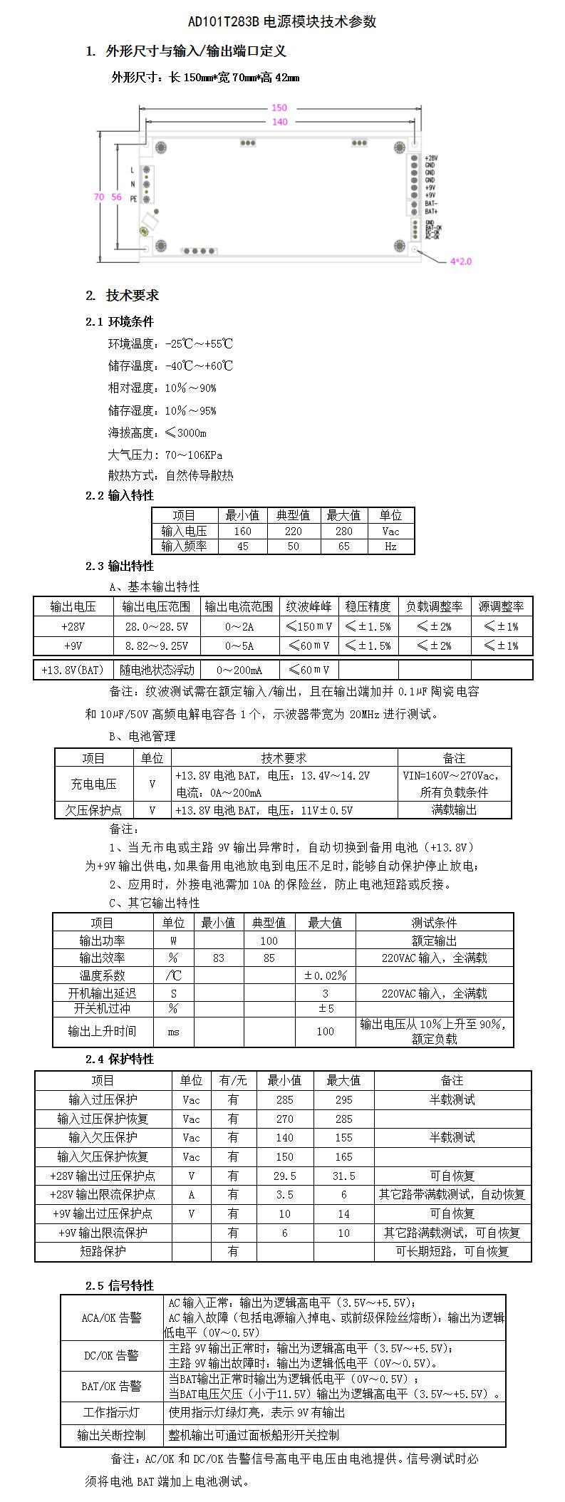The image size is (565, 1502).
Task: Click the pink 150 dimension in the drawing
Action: click(x=279, y=108)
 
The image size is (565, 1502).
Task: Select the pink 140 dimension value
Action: click(x=279, y=122)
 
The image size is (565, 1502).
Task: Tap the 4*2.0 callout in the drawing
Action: click(x=460, y=261)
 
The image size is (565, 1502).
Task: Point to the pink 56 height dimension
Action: click(x=116, y=197)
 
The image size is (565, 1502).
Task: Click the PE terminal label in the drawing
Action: click(x=133, y=200)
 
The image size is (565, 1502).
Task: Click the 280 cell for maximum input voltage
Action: click(x=343, y=531)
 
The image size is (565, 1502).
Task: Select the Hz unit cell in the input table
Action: click(x=390, y=547)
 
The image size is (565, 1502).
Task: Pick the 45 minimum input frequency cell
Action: click(x=242, y=547)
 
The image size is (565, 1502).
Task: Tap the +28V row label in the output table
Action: click(x=73, y=626)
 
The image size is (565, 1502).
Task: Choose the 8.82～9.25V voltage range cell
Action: click(x=156, y=646)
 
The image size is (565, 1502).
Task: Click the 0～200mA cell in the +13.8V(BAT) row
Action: click(x=239, y=670)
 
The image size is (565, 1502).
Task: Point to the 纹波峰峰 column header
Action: click(x=309, y=606)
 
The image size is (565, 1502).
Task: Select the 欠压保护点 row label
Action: click(x=93, y=810)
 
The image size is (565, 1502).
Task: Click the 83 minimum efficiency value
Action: click(x=218, y=958)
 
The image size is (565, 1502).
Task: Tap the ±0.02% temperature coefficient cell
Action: click(x=325, y=975)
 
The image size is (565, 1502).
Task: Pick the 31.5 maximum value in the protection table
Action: click(x=343, y=1176)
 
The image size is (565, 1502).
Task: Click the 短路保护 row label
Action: click(x=103, y=1251)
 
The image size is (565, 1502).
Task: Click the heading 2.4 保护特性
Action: click(x=119, y=1059)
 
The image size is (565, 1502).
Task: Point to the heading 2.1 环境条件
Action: click(x=119, y=321)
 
